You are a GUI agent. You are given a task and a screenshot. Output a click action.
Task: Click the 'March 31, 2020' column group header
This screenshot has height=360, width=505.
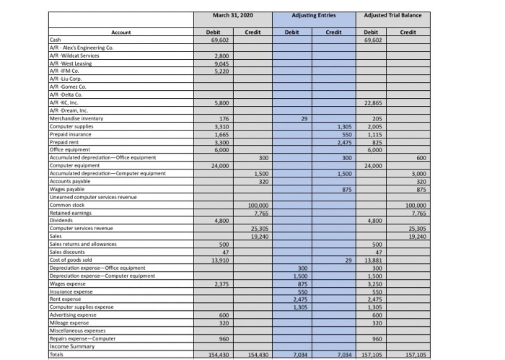tap(232, 16)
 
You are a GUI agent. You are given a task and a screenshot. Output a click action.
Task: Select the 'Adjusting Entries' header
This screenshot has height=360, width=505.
tap(313, 16)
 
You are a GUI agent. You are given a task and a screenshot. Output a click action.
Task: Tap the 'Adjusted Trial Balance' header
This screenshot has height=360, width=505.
tap(392, 16)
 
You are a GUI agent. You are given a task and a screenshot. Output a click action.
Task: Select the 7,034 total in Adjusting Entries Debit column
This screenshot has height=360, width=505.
tap(293, 354)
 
